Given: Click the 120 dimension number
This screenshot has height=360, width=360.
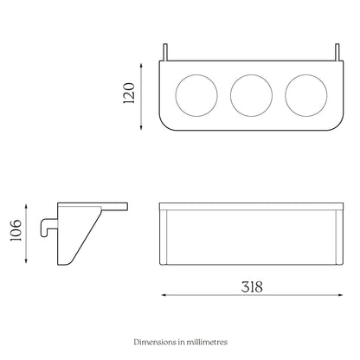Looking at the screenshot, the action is [x=129, y=93].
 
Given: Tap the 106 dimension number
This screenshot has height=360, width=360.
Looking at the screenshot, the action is [x=16, y=230].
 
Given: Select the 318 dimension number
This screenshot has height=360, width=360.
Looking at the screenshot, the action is [x=252, y=287].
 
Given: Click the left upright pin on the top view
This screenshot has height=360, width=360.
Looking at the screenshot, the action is [x=165, y=52].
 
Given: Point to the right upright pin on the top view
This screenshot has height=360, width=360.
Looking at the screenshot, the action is [x=337, y=52].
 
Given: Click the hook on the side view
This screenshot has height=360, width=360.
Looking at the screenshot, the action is [x=44, y=228].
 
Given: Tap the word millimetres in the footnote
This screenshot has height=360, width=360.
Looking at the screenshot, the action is [x=207, y=342].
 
